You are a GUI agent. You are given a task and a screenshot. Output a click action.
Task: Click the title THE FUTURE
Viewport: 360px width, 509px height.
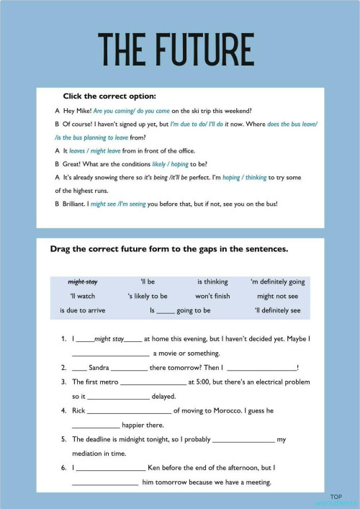point(176,48)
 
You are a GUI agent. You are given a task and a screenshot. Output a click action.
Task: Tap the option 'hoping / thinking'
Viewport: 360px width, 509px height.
point(247,177)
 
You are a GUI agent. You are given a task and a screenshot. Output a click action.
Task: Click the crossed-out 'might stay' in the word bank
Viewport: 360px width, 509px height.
point(83,281)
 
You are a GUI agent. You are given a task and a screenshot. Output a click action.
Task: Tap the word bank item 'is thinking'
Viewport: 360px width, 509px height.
point(212,281)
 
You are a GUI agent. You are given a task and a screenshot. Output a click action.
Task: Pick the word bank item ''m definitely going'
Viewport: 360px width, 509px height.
point(277,281)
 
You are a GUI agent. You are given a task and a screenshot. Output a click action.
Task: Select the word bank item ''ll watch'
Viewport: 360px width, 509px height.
point(82,296)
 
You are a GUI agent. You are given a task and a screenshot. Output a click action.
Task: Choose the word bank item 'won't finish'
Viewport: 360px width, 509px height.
point(212,296)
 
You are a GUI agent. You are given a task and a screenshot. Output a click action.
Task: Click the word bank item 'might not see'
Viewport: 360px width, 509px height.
point(277,296)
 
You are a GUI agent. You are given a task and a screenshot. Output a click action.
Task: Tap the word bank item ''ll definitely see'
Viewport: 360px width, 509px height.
point(277,310)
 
